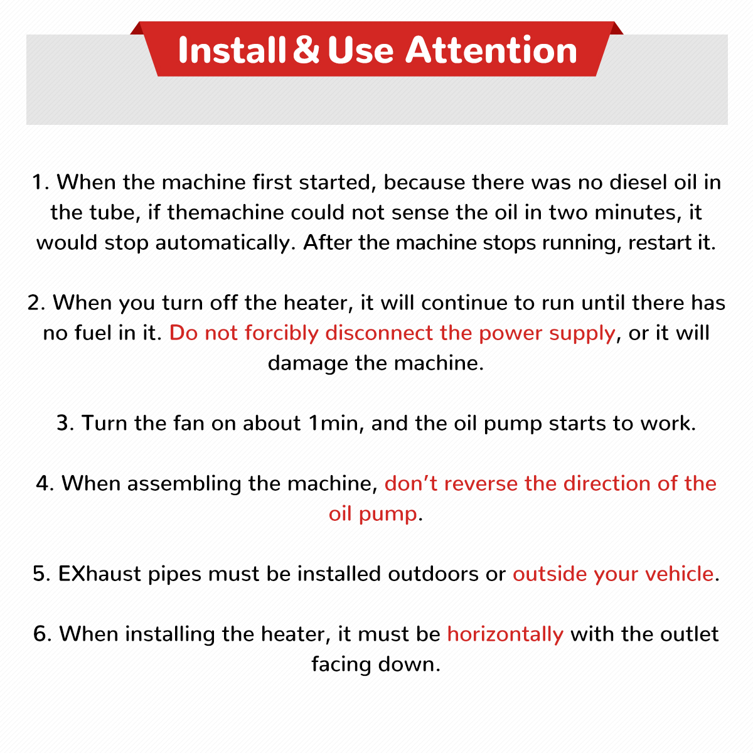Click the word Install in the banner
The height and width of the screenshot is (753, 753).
[232, 50]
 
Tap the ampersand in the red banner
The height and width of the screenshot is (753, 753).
[306, 50]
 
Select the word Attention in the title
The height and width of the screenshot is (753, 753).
[491, 50]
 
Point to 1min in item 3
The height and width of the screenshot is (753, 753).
[333, 424]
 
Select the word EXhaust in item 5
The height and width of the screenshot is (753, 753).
[100, 574]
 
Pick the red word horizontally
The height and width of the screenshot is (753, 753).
[505, 634]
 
